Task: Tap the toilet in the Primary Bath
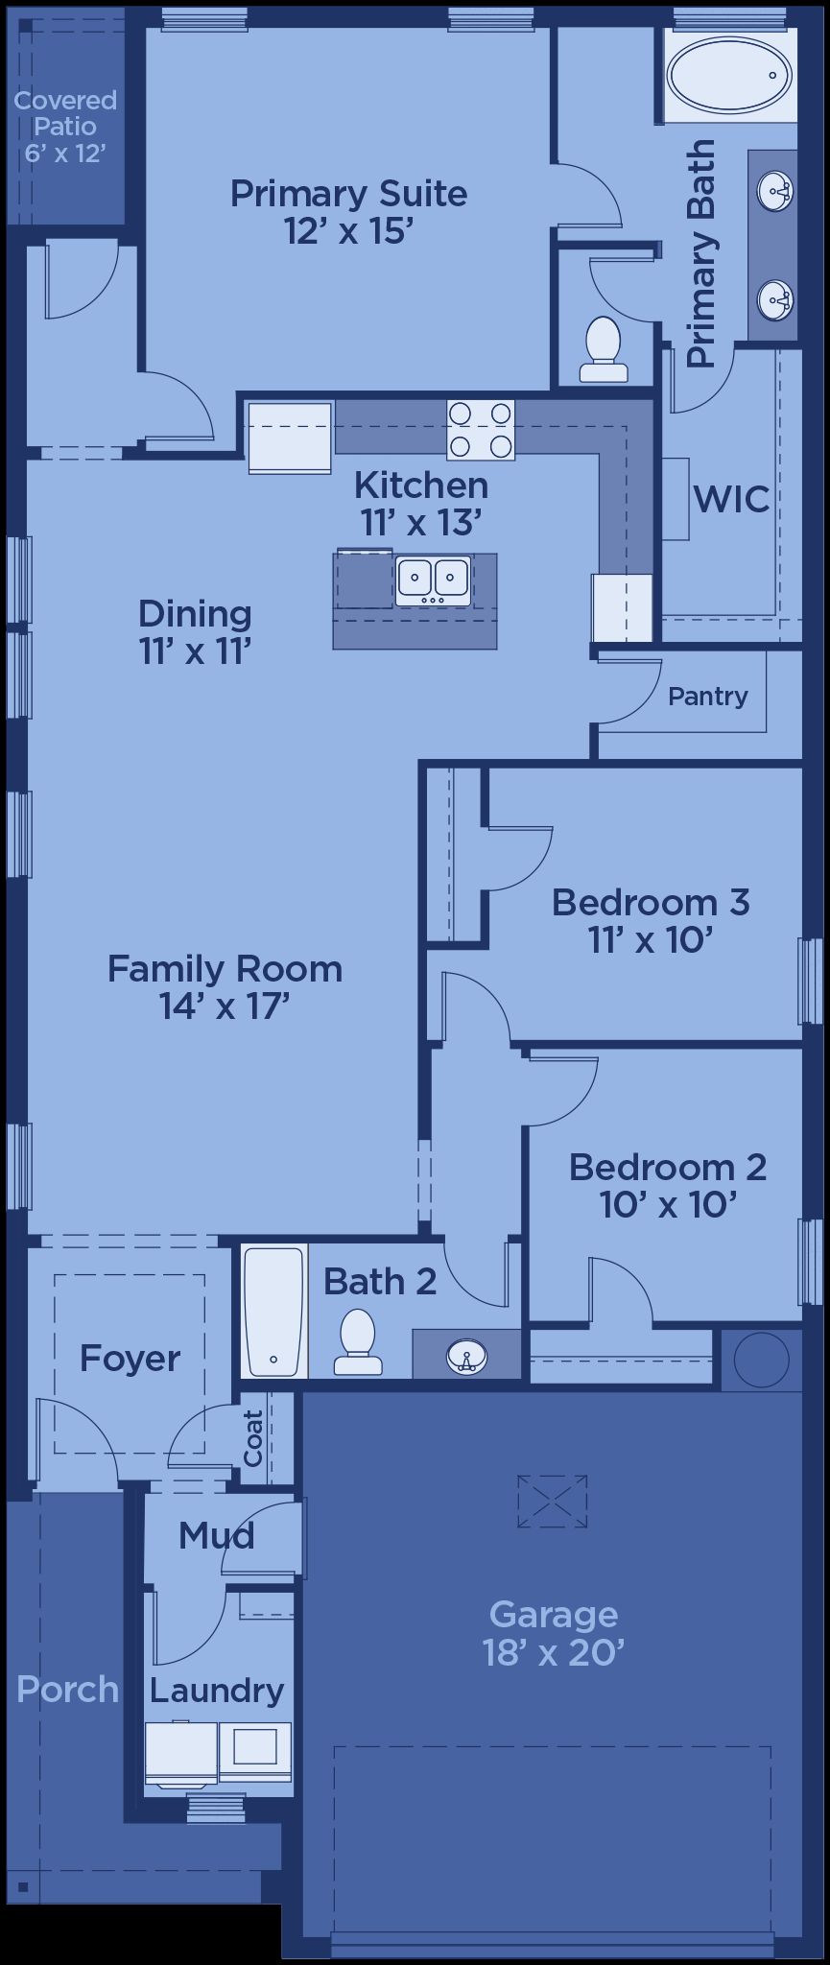[604, 350]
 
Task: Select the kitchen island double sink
[433, 580]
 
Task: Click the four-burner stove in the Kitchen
[480, 429]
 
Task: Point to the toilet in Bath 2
[358, 1341]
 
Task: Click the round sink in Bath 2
[467, 1356]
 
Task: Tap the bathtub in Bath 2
[274, 1310]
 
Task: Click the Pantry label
[708, 697]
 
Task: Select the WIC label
[731, 499]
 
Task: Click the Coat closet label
[253, 1437]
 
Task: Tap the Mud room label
[217, 1535]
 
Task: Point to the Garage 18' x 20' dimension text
[555, 1653]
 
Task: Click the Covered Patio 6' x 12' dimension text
[65, 153]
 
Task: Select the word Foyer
[130, 1359]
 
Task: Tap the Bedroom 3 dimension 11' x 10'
[651, 939]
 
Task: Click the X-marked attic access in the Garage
[552, 1502]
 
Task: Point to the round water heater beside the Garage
[761, 1359]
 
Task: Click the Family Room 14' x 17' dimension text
[225, 1006]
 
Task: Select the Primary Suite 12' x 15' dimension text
[348, 230]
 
